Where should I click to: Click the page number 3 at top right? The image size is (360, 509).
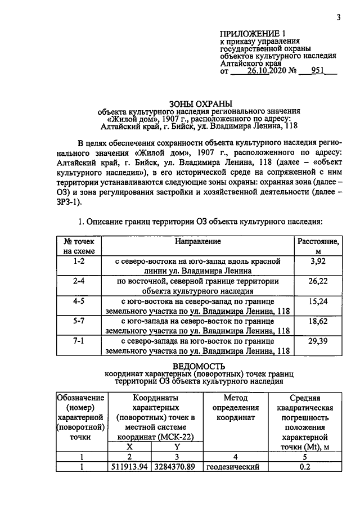pos(339,17)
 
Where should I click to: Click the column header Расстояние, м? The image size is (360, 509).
pos(318,246)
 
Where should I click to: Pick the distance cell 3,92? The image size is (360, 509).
pos(318,262)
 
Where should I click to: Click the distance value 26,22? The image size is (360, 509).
pos(318,281)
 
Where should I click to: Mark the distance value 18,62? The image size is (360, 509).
pos(318,321)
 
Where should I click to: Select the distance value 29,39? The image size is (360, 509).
pos(318,341)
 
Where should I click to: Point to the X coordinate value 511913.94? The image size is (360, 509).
pos(129,467)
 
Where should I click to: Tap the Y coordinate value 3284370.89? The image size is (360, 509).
pos(177,467)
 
